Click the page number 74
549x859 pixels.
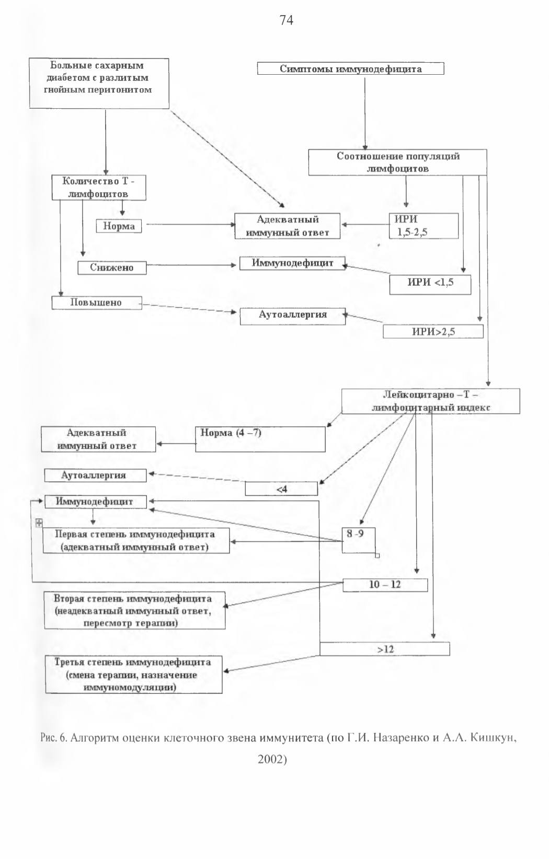coord(287,20)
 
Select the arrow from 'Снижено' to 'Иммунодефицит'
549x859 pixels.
coord(191,265)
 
